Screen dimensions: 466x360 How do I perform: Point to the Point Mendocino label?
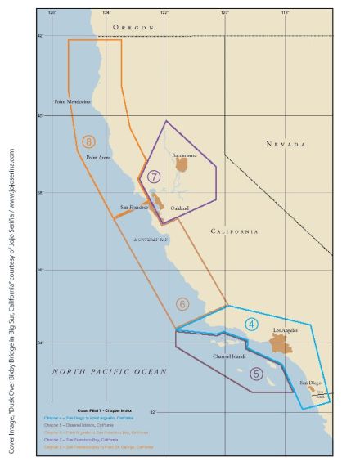(72, 102)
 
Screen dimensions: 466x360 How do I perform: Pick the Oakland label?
(180, 208)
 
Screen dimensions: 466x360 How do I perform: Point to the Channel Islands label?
(229, 357)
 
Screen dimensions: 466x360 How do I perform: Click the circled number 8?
(88, 141)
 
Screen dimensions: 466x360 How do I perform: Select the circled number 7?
(154, 176)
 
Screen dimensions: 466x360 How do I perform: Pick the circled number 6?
(182, 304)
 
